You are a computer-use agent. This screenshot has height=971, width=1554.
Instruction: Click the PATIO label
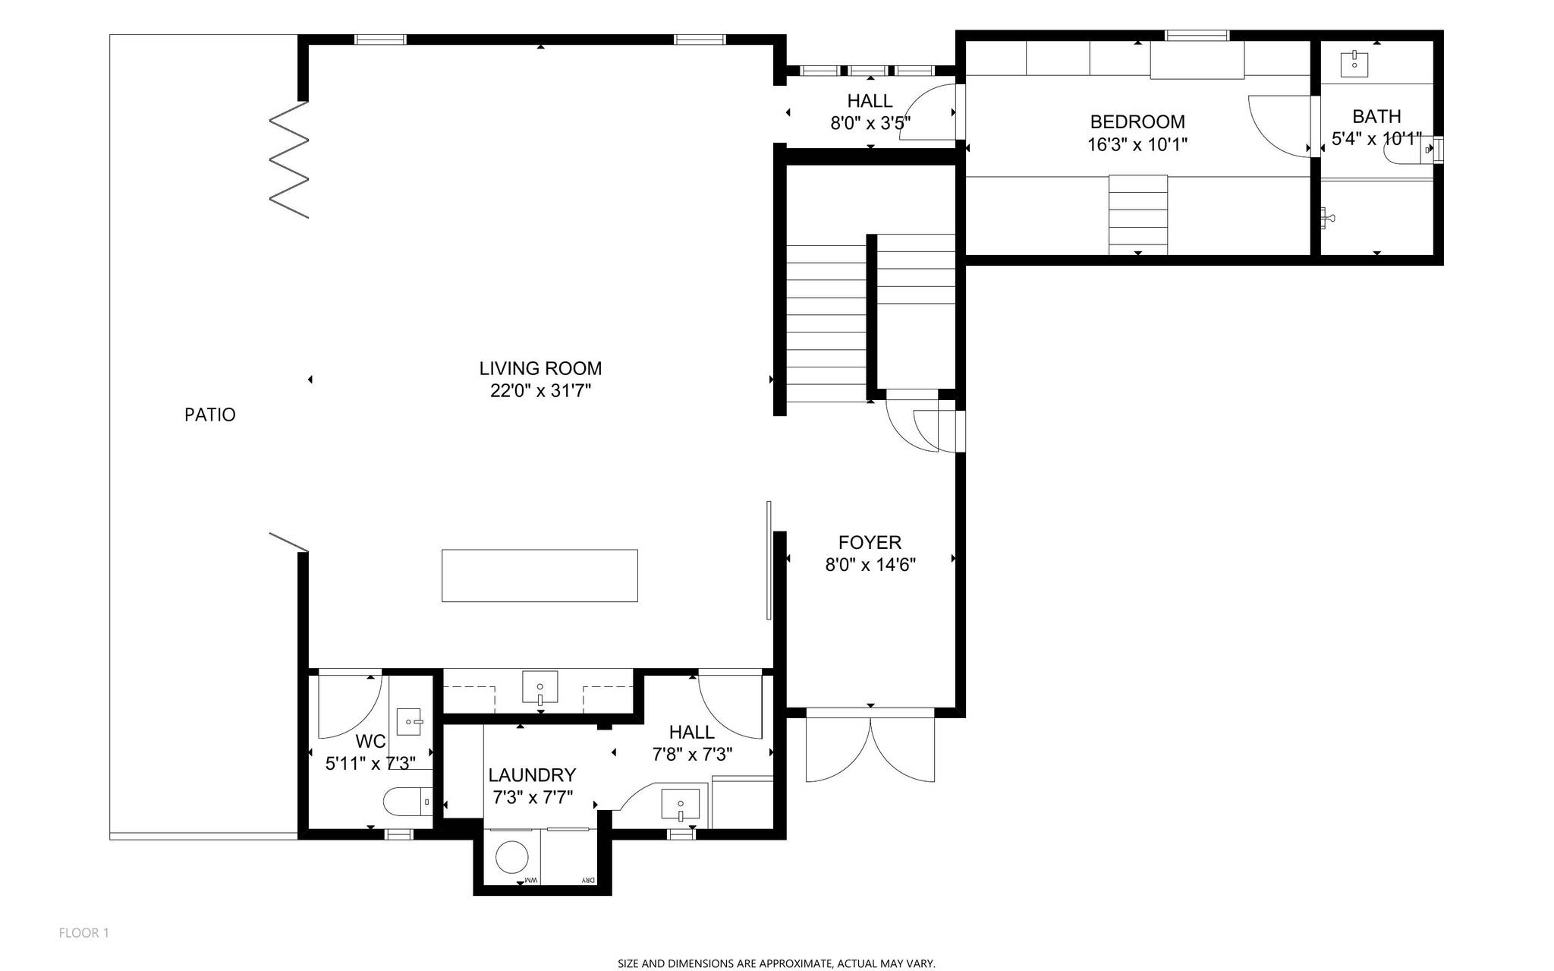coord(210,415)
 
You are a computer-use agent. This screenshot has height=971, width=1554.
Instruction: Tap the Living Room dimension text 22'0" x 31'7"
coord(540,391)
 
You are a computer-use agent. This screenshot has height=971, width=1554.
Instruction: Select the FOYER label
coord(870,542)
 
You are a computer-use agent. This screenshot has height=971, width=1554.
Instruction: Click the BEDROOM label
coord(1137,121)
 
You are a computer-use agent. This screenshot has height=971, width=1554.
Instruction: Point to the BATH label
coord(1376,116)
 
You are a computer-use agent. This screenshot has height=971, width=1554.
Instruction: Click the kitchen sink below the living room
coord(539,688)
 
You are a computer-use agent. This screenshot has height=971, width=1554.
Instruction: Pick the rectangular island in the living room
coord(539,575)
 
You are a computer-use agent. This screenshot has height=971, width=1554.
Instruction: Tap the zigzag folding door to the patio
coord(289,160)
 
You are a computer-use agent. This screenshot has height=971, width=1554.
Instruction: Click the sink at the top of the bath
coord(1354,64)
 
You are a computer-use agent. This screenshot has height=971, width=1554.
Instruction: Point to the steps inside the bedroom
coord(1137,215)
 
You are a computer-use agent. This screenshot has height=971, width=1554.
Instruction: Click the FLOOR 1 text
coord(83,932)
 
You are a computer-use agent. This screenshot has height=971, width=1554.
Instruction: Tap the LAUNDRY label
coord(532,775)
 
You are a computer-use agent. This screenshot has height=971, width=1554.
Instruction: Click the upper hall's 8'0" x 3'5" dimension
coord(870,123)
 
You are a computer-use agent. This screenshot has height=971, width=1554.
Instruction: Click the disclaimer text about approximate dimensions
coord(776,963)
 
